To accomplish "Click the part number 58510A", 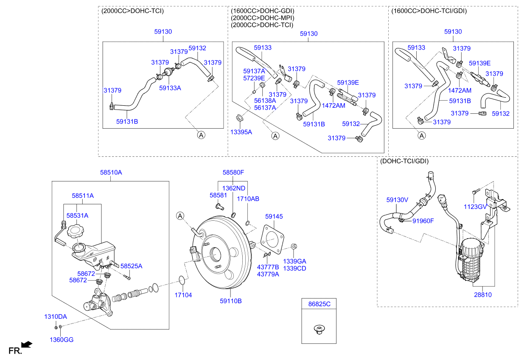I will click(111, 173).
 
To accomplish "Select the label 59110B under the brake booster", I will click(230, 301).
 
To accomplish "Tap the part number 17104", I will click(183, 294).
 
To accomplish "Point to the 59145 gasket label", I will click(274, 217).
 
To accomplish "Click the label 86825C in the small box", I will click(319, 304).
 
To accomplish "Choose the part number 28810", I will click(483, 295).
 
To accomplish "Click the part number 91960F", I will click(423, 221).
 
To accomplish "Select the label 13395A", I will click(241, 132).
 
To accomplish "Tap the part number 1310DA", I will click(56, 317).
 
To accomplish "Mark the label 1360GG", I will click(62, 340).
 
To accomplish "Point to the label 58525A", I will click(131, 266).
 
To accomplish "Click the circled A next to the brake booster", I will click(180, 217).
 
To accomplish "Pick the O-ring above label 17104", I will click(182, 280).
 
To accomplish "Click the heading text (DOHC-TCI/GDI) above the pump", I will click(404, 161).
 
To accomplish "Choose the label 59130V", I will click(397, 199).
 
